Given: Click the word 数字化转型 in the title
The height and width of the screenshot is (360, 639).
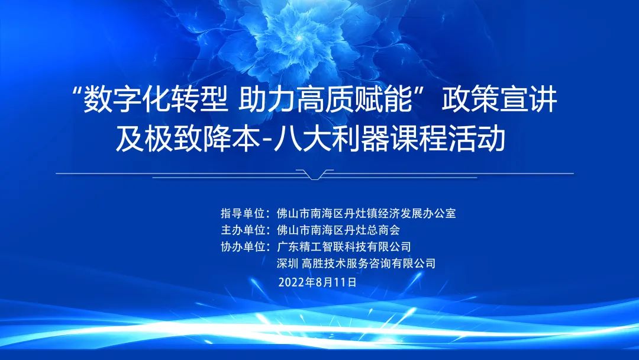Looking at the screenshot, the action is pyautogui.click(x=155, y=100).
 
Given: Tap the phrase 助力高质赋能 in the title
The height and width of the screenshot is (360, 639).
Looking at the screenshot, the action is pyautogui.click(x=325, y=100).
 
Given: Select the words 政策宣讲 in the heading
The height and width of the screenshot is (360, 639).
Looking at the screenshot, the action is pyautogui.click(x=499, y=100).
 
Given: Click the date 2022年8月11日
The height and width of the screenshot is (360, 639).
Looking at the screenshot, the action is pyautogui.click(x=318, y=282).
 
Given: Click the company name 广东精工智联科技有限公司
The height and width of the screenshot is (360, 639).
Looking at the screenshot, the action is pyautogui.click(x=344, y=247).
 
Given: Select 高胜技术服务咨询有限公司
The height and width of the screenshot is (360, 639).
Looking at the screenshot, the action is pyautogui.click(x=369, y=263).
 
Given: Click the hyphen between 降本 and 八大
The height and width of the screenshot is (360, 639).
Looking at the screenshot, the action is pyautogui.click(x=267, y=142).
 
